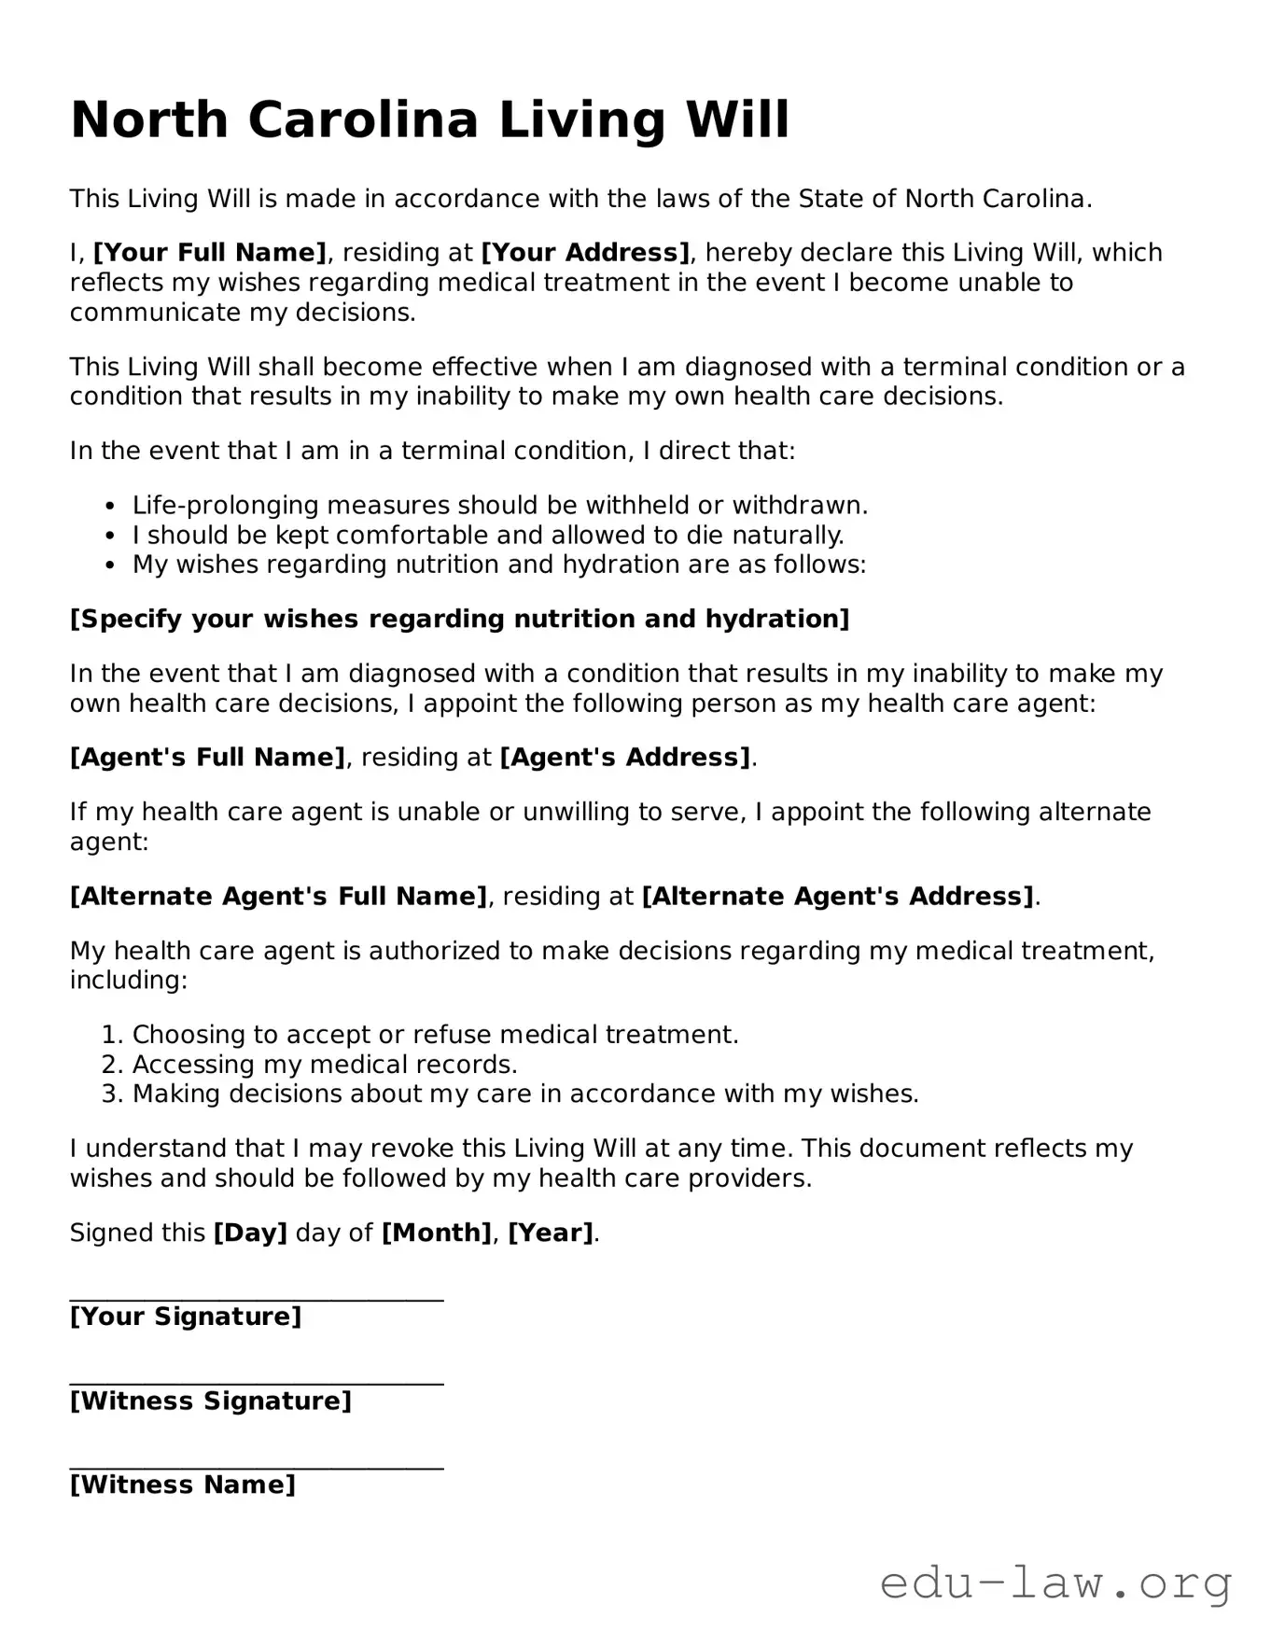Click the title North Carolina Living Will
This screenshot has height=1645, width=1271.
(429, 120)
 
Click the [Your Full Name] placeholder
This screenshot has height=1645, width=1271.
(210, 253)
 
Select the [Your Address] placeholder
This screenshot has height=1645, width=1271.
(585, 253)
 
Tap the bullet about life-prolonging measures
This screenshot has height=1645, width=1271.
(499, 506)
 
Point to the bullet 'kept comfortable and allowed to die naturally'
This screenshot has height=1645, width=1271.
(487, 536)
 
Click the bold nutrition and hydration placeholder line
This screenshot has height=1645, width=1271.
(459, 620)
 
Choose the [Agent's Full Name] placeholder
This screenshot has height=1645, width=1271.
(207, 758)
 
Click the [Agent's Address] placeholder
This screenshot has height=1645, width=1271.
(625, 758)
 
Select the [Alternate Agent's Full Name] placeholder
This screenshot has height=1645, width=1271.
(278, 897)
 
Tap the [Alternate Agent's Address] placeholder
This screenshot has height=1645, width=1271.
(838, 897)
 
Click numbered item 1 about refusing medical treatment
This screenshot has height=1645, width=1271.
(435, 1035)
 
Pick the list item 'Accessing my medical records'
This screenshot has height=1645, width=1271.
(325, 1065)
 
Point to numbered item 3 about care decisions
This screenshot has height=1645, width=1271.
(525, 1094)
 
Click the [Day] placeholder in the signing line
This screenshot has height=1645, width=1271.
(250, 1234)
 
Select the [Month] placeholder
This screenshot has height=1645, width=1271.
(436, 1234)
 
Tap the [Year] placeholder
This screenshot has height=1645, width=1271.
(551, 1234)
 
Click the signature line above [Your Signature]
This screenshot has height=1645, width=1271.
(257, 1298)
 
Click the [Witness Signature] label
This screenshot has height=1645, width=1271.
(210, 1401)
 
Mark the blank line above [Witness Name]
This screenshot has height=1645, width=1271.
(257, 1467)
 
